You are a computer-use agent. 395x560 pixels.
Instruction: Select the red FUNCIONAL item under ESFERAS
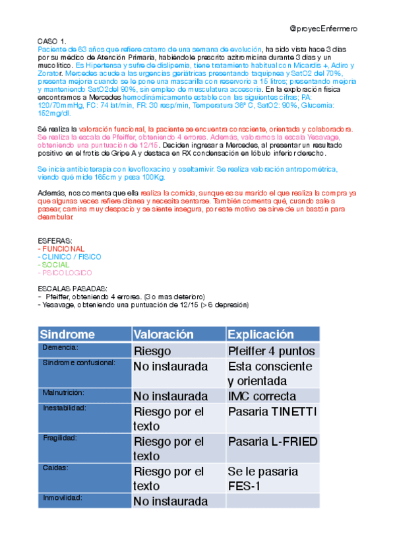[x=63, y=249]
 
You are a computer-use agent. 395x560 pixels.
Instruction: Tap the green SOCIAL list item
[x=55, y=264]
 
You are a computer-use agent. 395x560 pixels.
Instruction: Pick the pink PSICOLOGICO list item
[x=67, y=272]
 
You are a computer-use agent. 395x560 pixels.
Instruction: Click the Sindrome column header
[x=67, y=334]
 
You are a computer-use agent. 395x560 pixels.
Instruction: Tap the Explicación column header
[x=261, y=334]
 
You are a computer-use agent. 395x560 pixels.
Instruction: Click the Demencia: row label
[x=60, y=347]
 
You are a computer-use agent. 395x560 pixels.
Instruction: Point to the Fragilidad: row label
[x=60, y=438]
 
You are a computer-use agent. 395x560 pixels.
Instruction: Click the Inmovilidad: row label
[x=63, y=498]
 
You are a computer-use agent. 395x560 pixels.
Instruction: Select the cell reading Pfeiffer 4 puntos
[x=271, y=351]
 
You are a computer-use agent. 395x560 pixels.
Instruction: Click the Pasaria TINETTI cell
[x=272, y=411]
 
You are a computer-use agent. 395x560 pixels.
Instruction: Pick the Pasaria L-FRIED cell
[x=272, y=442]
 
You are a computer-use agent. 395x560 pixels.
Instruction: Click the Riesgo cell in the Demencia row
[x=152, y=351]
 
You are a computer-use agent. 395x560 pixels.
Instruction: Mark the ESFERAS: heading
[x=56, y=241]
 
